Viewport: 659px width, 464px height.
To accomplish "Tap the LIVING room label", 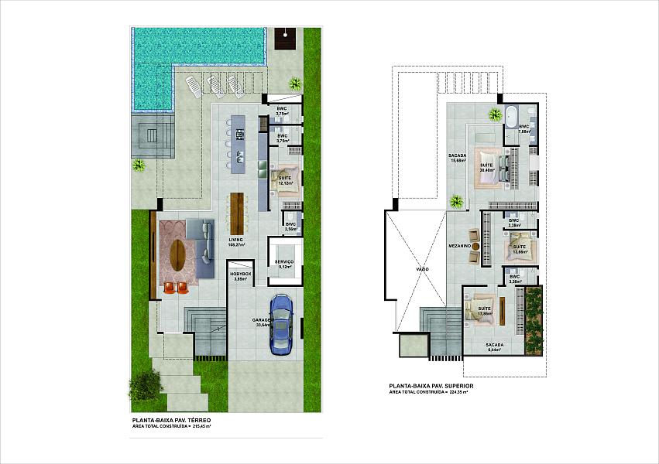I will pyautogui.click(x=235, y=242).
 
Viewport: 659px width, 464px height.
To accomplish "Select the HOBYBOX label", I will pyautogui.click(x=239, y=276).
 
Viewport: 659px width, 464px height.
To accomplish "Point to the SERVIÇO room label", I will pyautogui.click(x=284, y=264).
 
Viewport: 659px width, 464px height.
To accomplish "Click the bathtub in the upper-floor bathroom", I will pyautogui.click(x=511, y=116).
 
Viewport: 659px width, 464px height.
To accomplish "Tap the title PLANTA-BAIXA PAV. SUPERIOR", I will pyautogui.click(x=431, y=385).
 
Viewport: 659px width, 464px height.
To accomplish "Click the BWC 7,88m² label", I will pyautogui.click(x=524, y=128).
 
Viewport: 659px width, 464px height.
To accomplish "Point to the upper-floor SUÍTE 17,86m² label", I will pyautogui.click(x=486, y=312).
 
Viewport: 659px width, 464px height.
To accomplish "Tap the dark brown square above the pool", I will pyautogui.click(x=287, y=39).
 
